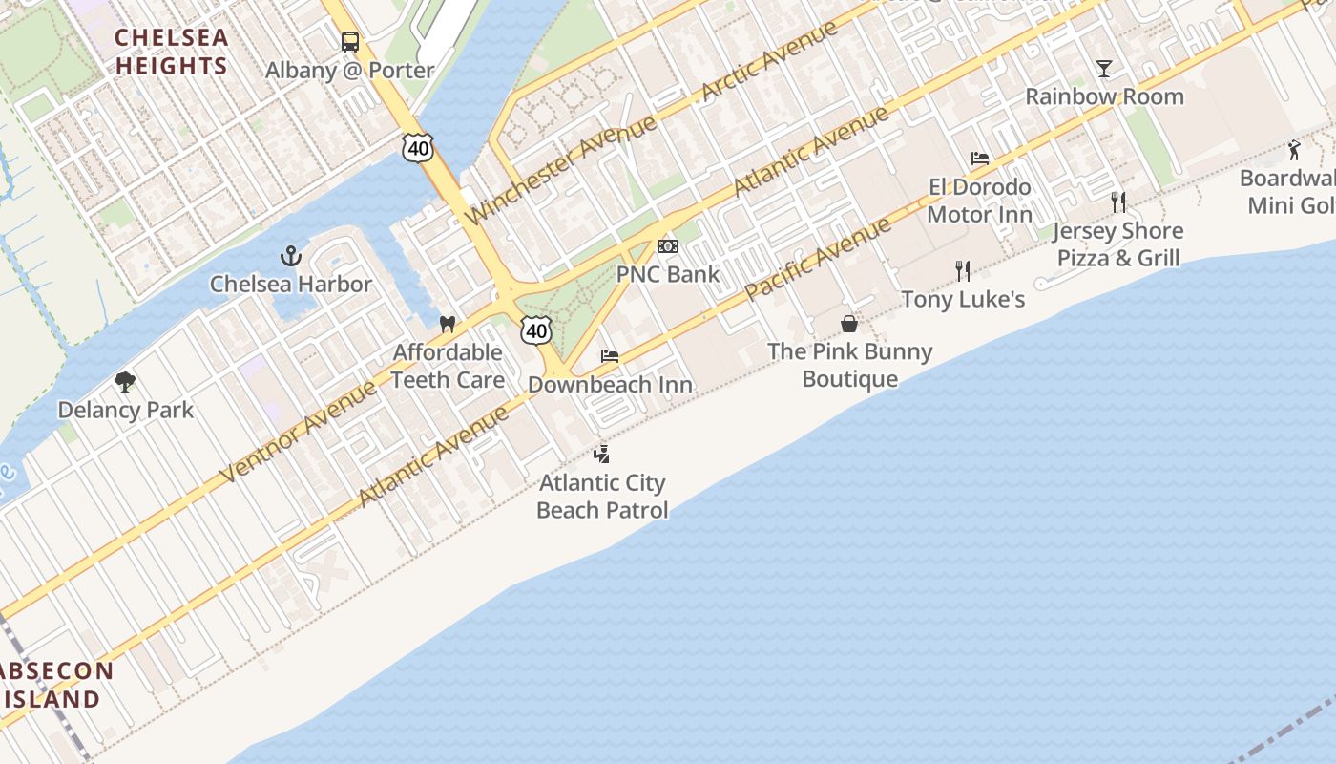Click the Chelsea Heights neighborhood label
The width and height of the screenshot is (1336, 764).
point(172,52)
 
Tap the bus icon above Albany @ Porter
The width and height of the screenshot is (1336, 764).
point(350,42)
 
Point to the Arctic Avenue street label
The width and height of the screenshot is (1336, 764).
point(769,61)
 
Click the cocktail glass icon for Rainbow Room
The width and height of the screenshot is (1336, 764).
point(1104,68)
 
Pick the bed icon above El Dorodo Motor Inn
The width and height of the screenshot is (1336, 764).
point(980,159)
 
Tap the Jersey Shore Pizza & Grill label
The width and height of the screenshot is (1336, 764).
point(1118,244)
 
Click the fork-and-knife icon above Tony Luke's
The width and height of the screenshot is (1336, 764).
point(963,271)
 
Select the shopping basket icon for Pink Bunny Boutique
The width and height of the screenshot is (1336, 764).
point(849,324)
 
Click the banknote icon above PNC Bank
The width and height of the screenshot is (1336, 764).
point(668,246)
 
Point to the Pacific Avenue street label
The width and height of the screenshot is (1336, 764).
point(818,259)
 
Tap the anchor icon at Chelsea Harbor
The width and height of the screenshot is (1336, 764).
point(291,256)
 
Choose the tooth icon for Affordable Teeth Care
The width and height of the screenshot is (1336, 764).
point(447,325)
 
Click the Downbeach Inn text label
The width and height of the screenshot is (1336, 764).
point(611,385)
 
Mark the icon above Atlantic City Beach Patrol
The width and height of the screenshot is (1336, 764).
point(601,454)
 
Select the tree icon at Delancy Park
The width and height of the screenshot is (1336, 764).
point(125,383)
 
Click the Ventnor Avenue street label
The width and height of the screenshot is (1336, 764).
point(298,432)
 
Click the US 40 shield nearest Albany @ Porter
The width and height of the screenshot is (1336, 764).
point(418,147)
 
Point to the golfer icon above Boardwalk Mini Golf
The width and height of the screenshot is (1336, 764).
point(1294,150)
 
